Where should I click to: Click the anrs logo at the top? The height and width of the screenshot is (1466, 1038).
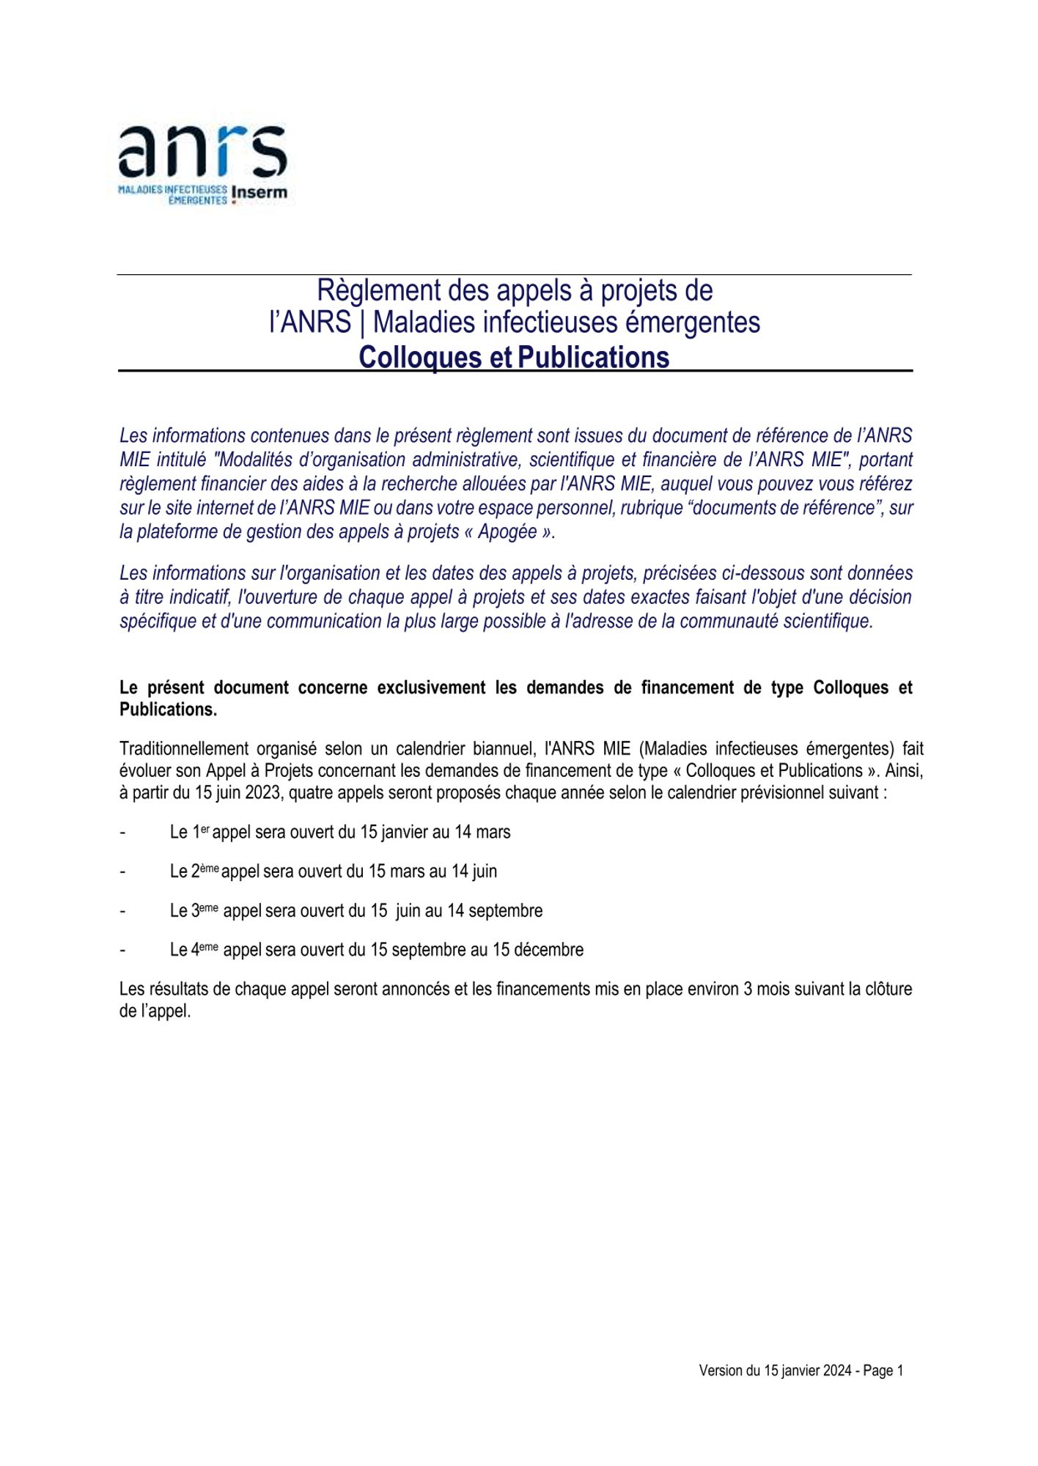202,152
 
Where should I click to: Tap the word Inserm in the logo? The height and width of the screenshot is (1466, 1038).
259,193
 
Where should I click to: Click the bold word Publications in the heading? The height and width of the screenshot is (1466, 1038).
593,357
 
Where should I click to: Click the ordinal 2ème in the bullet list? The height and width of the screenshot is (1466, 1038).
205,871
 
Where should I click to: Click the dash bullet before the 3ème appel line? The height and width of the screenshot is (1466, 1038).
122,911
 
